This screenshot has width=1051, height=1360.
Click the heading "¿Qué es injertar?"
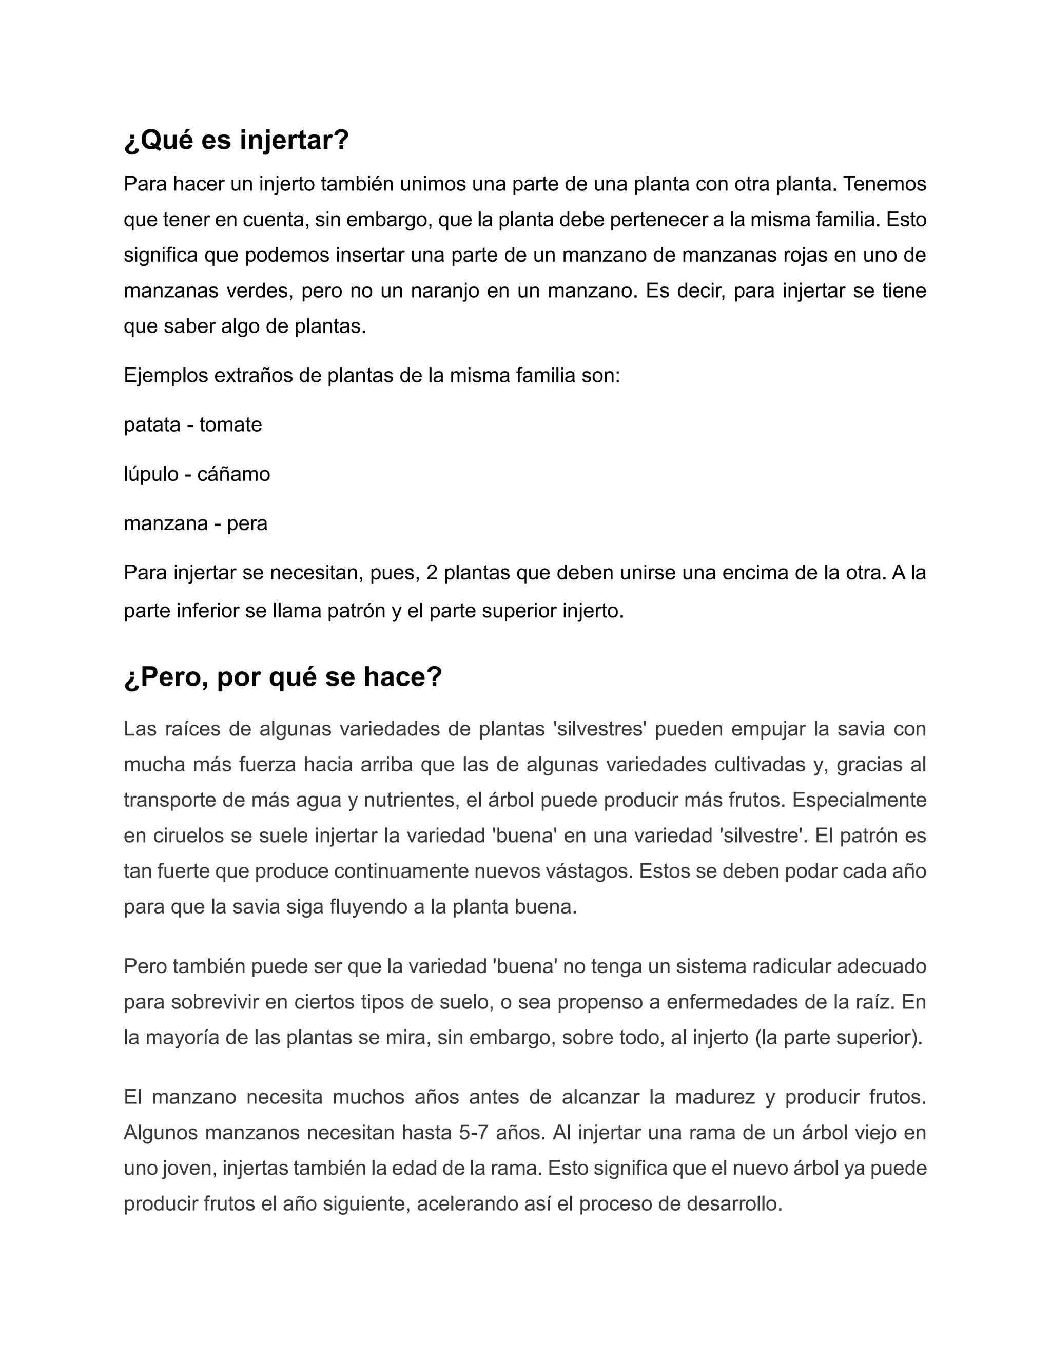(x=236, y=140)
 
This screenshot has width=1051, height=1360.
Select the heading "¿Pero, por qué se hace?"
(x=283, y=677)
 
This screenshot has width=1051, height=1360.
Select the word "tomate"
(x=230, y=425)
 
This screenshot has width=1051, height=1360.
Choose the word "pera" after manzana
(x=247, y=523)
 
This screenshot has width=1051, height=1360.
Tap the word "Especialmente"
(x=859, y=800)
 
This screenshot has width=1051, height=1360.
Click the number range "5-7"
(x=473, y=1132)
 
